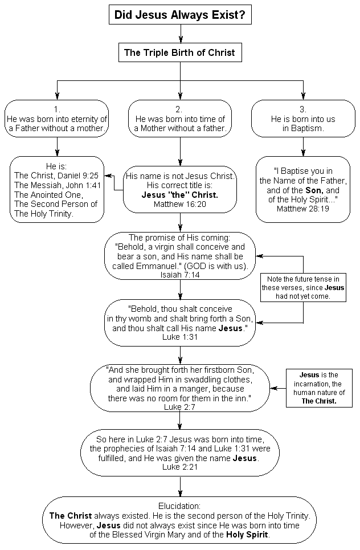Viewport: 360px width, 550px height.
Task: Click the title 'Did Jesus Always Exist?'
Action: [x=180, y=15]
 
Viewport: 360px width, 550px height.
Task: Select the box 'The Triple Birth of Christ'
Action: [x=180, y=52]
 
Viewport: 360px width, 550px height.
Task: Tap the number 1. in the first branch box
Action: [x=57, y=109]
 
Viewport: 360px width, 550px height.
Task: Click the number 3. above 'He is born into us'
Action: [x=303, y=109]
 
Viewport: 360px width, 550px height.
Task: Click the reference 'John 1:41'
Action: [x=84, y=185]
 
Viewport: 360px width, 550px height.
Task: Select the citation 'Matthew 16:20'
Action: [x=180, y=204]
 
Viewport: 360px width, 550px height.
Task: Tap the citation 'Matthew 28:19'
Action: [x=303, y=209]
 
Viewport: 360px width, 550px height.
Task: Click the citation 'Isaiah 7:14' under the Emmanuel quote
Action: [x=180, y=275]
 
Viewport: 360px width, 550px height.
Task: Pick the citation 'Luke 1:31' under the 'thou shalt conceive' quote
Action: [x=180, y=337]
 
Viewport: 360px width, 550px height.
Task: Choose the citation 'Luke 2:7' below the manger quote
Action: [x=180, y=407]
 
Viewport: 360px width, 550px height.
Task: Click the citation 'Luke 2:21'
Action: [x=180, y=467]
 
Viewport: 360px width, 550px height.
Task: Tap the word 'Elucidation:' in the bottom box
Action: [x=179, y=506]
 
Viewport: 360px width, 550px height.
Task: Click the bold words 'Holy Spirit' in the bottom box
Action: [x=247, y=535]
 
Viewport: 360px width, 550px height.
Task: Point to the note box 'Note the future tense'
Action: [x=303, y=288]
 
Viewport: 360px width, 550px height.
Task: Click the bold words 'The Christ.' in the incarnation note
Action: [x=319, y=401]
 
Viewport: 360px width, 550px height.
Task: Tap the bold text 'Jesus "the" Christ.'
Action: [x=180, y=195]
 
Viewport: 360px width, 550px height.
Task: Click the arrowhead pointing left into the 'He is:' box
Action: [x=108, y=176]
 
